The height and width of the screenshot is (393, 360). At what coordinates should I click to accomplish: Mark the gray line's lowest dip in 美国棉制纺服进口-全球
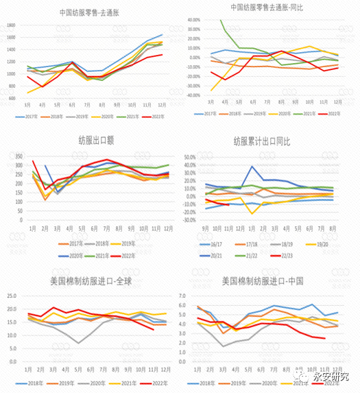click(81, 342)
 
